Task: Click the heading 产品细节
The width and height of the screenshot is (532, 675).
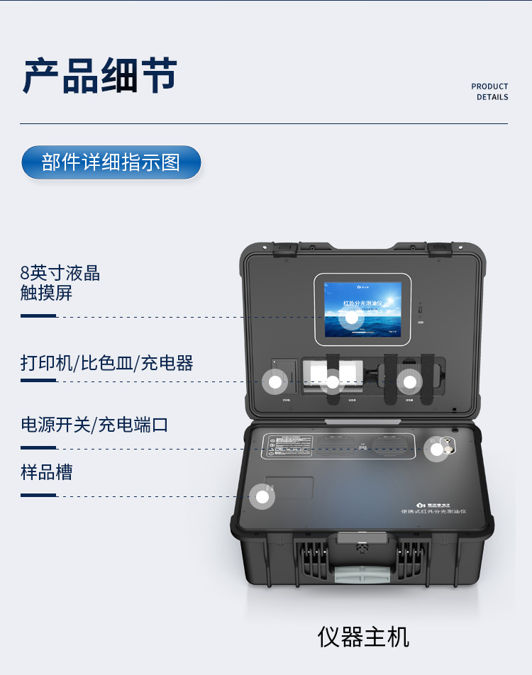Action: click(100, 76)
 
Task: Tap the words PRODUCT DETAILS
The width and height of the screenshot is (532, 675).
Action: click(489, 91)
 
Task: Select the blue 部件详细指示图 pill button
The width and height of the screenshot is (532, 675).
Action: click(111, 162)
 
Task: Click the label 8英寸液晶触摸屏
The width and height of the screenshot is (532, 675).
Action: click(60, 283)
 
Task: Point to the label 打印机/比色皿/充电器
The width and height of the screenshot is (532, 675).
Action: click(107, 364)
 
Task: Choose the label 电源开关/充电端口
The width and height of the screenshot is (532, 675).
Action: click(94, 425)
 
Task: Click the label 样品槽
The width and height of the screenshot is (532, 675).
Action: click(47, 472)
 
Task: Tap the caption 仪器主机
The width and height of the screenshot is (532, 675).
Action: click(363, 637)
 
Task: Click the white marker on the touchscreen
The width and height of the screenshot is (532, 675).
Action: click(351, 318)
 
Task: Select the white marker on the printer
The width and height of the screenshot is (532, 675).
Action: click(275, 381)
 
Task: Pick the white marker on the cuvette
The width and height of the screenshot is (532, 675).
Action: click(331, 381)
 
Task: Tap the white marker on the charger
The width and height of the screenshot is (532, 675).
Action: click(410, 381)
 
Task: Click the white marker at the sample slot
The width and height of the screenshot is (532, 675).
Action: click(262, 496)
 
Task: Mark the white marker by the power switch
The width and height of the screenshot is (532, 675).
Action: click(436, 448)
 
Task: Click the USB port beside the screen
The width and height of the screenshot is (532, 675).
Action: click(421, 311)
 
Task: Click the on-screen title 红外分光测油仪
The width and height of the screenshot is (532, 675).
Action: click(362, 303)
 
